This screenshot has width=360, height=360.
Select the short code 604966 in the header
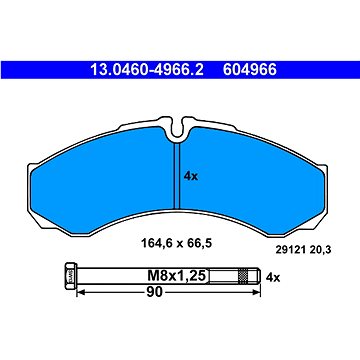click(x=247, y=71)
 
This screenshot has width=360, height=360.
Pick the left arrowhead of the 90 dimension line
click(x=82, y=293)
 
